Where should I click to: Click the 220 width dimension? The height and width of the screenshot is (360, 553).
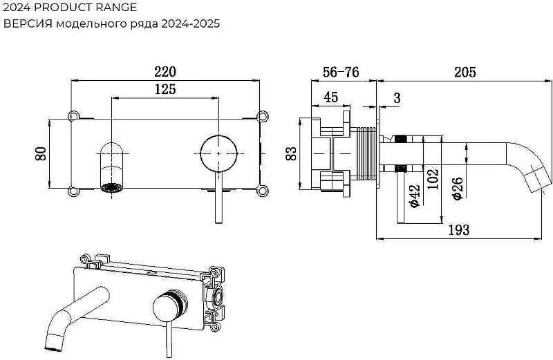pos(165,72)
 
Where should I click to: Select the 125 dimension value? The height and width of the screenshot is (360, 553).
pos(165,89)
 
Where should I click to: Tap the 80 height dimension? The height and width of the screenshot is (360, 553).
pos(41,153)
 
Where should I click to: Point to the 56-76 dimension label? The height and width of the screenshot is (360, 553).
pos(341,72)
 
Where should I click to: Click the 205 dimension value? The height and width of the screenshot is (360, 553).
pos(465,72)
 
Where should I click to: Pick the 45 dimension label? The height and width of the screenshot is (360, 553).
pos(330,97)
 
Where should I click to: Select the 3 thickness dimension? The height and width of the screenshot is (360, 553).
pos(397,97)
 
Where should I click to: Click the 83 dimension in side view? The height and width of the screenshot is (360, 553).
pos(291,153)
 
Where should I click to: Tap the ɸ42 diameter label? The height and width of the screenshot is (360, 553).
pos(414,196)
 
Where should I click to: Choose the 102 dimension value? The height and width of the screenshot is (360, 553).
pos(433,179)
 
